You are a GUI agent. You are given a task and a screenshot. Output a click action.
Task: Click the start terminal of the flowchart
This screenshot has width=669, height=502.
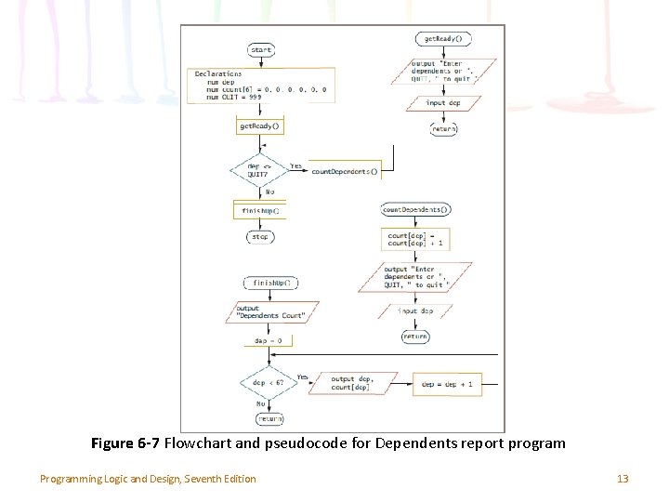(x=260, y=49)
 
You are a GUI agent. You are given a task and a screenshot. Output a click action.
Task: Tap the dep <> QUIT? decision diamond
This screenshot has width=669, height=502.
(x=260, y=170)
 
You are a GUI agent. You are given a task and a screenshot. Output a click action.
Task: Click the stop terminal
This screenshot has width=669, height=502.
(x=260, y=237)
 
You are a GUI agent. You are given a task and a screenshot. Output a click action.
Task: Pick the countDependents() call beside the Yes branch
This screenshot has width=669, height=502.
(x=345, y=172)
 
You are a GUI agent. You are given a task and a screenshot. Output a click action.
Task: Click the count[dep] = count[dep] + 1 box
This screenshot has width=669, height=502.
(x=415, y=239)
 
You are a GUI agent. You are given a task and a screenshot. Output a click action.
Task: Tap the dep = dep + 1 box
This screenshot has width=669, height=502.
(x=447, y=383)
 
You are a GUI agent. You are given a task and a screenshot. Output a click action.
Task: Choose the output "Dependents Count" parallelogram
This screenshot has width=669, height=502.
(x=270, y=312)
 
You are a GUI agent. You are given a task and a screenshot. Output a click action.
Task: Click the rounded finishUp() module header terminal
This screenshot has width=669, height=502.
(x=267, y=283)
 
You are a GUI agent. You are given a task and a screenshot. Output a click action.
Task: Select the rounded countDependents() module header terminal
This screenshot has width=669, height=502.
(x=415, y=210)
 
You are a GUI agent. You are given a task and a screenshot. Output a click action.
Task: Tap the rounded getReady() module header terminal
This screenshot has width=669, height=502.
(x=443, y=39)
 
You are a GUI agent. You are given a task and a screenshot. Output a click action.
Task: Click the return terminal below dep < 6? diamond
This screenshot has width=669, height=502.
(x=269, y=419)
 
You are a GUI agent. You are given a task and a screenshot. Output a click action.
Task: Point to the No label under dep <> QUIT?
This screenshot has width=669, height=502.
(x=269, y=192)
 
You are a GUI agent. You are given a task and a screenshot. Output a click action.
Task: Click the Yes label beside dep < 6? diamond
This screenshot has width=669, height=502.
(x=301, y=376)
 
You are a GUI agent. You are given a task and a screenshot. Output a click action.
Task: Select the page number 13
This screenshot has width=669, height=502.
(x=623, y=479)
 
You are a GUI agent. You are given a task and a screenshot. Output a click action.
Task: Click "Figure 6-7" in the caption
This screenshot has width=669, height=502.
(x=125, y=443)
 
